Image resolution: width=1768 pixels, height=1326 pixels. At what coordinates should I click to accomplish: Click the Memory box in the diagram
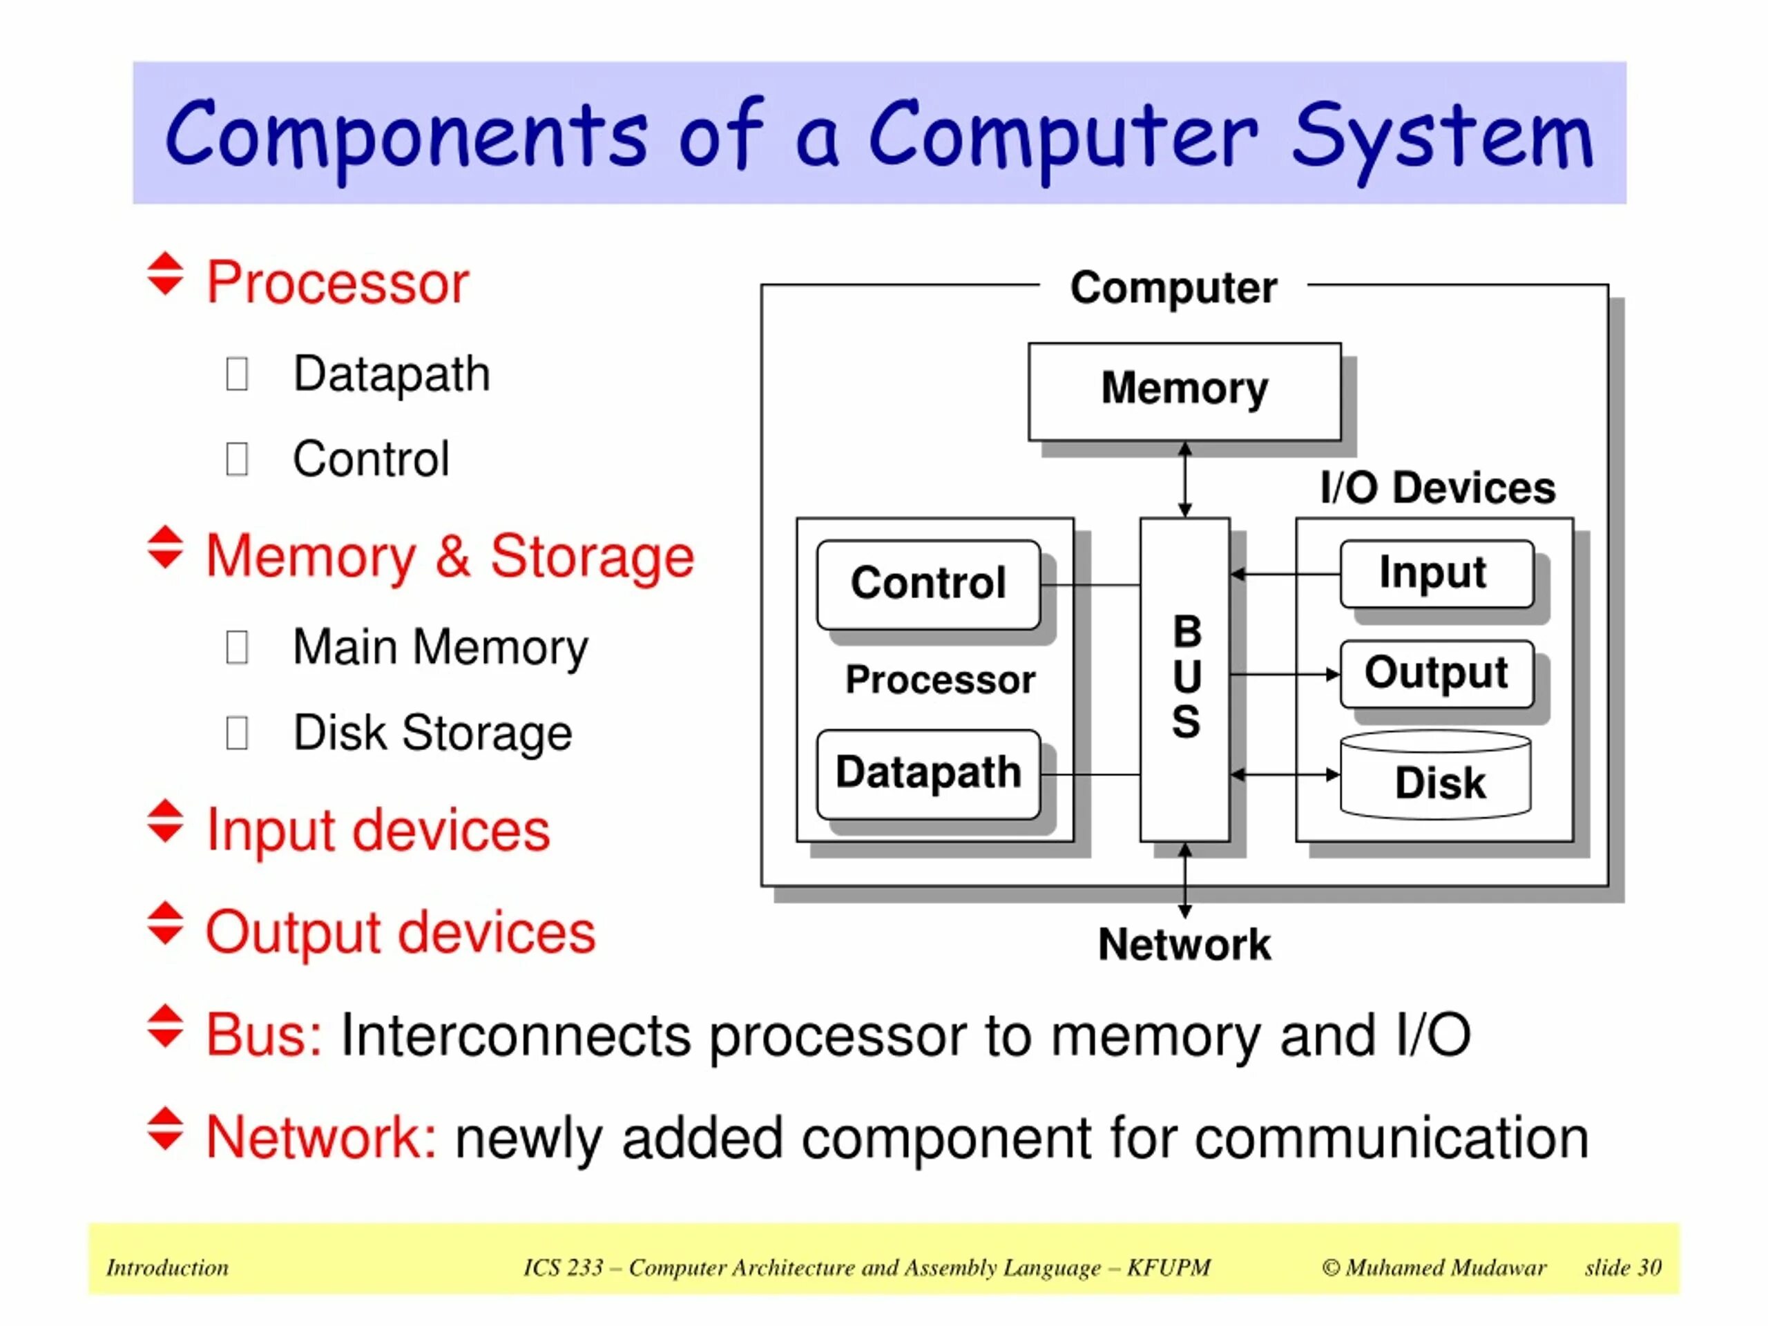(1184, 391)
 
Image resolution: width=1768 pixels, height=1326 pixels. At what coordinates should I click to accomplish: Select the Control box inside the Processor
(928, 584)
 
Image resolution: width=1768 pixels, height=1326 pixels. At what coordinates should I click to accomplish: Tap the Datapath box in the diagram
(928, 773)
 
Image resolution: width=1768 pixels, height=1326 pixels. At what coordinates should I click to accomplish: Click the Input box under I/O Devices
(1436, 573)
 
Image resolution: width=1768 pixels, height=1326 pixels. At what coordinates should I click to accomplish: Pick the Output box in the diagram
(1436, 673)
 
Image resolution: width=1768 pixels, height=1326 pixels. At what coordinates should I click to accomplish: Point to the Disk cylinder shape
(1436, 777)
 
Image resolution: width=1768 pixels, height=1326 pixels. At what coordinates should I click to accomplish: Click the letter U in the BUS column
(1186, 677)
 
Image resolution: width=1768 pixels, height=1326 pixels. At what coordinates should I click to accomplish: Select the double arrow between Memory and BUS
(1185, 479)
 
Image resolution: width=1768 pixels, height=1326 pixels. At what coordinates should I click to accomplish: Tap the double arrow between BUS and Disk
(1285, 774)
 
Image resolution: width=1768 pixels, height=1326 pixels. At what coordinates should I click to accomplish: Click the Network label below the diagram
(1184, 945)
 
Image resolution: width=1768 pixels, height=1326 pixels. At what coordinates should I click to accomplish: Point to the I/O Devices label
(1437, 488)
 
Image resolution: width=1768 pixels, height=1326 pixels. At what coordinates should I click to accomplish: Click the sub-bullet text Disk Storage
(432, 732)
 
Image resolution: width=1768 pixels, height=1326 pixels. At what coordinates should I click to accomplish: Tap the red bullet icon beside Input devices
(166, 822)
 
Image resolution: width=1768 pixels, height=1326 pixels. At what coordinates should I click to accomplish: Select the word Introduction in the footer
(167, 1268)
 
